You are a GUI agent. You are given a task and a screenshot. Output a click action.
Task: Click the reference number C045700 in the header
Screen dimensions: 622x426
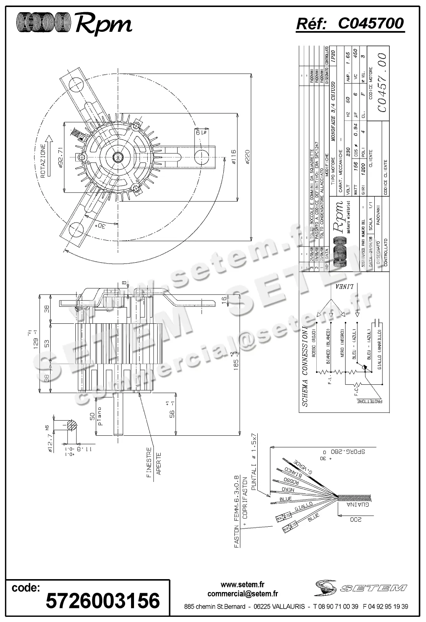click(x=371, y=24)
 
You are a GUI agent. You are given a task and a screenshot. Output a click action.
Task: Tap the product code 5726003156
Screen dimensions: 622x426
click(x=103, y=600)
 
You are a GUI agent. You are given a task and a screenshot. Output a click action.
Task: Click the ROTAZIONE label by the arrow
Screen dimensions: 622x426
click(x=43, y=161)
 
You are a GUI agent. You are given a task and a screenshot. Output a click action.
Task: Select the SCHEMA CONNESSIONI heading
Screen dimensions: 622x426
click(x=305, y=366)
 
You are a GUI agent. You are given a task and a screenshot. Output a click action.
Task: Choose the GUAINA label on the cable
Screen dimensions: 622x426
click(x=357, y=505)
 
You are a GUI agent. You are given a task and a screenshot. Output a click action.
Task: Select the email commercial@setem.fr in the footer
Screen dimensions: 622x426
click(x=243, y=594)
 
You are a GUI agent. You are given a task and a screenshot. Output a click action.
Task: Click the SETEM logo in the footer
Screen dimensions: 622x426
click(x=361, y=588)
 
